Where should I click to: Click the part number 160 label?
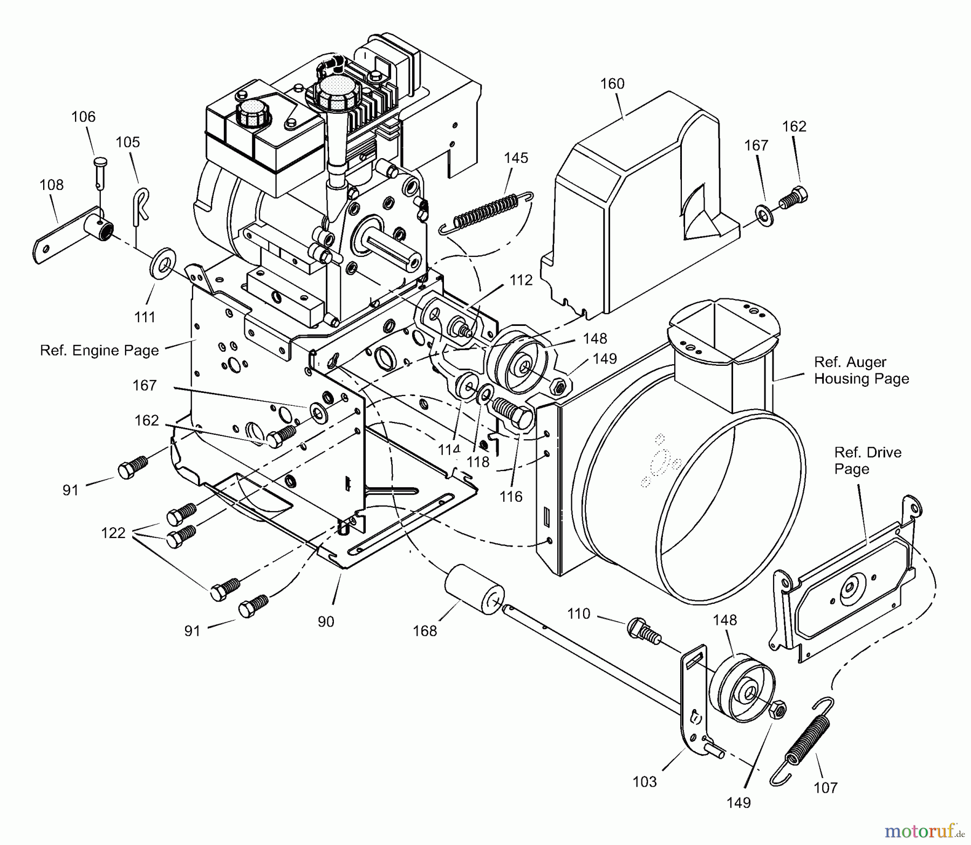[x=612, y=84]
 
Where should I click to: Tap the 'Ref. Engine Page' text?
[x=99, y=350]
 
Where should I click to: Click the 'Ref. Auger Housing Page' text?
[x=861, y=370]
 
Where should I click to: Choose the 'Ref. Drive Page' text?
[x=867, y=460]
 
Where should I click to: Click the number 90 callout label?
[x=326, y=622]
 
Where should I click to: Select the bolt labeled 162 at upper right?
[x=794, y=196]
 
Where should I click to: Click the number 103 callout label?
[x=645, y=781]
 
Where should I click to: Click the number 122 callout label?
[x=113, y=533]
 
